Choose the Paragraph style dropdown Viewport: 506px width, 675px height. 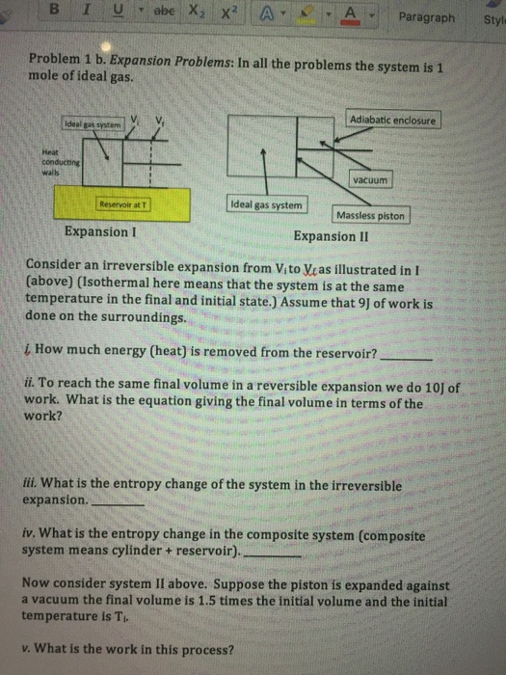(x=426, y=16)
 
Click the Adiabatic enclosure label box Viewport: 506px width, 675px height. (x=393, y=121)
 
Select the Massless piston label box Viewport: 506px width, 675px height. (x=371, y=215)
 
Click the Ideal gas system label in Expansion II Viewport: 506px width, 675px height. (x=267, y=204)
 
